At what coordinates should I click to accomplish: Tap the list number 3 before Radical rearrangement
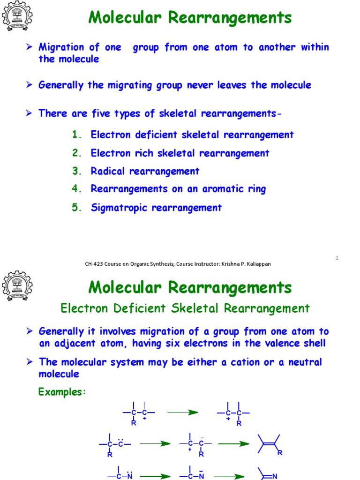77,171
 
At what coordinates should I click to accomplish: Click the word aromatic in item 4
223,189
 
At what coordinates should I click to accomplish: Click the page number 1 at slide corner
337,258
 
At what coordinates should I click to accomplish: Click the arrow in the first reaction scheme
182,412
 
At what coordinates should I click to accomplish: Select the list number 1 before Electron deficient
77,135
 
